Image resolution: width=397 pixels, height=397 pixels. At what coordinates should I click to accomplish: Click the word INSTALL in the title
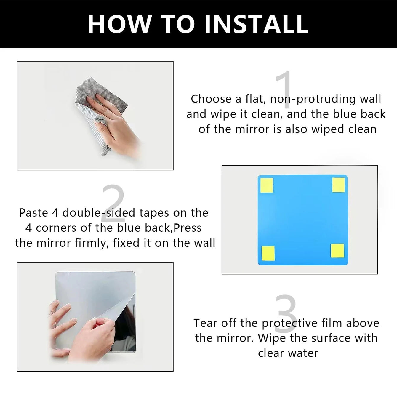[x=257, y=24]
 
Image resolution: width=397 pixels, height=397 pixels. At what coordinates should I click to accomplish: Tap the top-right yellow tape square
[x=338, y=185]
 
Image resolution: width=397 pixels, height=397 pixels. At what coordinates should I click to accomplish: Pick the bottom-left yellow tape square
[x=268, y=253]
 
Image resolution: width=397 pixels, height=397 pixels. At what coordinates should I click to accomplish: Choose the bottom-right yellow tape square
[x=337, y=251]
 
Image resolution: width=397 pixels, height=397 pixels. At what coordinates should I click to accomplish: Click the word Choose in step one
[x=211, y=99]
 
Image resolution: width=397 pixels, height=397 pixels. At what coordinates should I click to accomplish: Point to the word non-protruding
[x=313, y=99]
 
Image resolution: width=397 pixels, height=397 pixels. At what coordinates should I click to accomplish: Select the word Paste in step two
[x=33, y=213]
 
